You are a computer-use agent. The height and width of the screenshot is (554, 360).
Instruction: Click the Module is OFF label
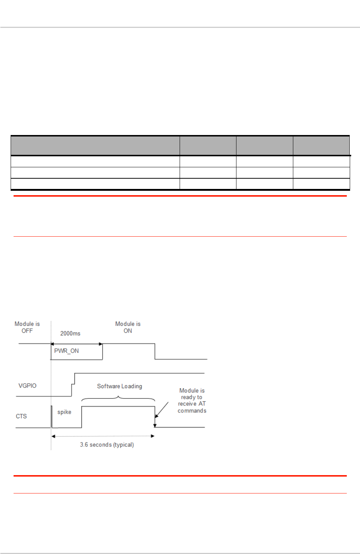pyautogui.click(x=27, y=327)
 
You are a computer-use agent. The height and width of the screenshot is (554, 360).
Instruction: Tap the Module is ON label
pyautogui.click(x=128, y=327)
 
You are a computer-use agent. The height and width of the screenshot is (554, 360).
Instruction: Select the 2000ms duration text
pyautogui.click(x=70, y=334)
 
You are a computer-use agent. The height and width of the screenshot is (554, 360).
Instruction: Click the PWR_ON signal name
pyautogui.click(x=66, y=351)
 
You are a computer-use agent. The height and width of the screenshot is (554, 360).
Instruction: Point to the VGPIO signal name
pyautogui.click(x=27, y=386)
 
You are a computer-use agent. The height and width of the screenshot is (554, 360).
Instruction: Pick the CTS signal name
pyautogui.click(x=21, y=416)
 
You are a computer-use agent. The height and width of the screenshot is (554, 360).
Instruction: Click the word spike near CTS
pyautogui.click(x=64, y=412)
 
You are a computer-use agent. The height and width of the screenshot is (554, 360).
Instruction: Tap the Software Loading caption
pyautogui.click(x=120, y=386)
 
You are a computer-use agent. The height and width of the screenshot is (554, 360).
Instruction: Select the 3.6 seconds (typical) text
pyautogui.click(x=107, y=445)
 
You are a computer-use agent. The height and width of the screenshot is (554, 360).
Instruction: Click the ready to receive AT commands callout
pyautogui.click(x=192, y=401)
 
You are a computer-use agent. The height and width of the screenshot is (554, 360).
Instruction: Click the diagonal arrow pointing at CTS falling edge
pyautogui.click(x=161, y=410)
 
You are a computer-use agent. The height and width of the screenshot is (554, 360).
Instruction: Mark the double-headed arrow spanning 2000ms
pyautogui.click(x=76, y=344)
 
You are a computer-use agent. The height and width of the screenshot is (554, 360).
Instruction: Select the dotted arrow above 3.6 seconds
pyautogui.click(x=103, y=436)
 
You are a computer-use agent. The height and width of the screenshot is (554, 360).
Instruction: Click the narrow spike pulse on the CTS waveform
pyautogui.click(x=51, y=417)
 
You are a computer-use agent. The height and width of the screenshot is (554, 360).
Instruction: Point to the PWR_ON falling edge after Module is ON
pyautogui.click(x=155, y=351)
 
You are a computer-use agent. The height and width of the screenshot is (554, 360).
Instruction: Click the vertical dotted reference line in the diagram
pyautogui.click(x=51, y=440)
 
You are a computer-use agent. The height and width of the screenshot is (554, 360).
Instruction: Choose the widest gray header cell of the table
pyautogui.click(x=95, y=146)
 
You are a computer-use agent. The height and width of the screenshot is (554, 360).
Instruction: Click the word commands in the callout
pyautogui.click(x=192, y=411)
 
